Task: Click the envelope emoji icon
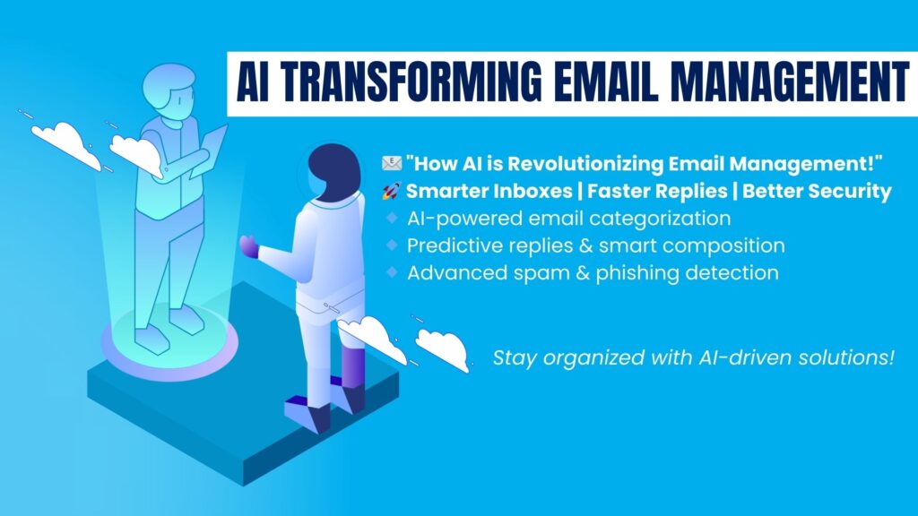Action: pyautogui.click(x=391, y=163)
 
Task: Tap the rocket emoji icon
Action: pyautogui.click(x=391, y=191)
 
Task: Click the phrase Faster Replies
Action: pyautogui.click(x=657, y=191)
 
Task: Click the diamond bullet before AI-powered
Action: pyautogui.click(x=393, y=219)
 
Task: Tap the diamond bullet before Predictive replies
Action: pyautogui.click(x=393, y=245)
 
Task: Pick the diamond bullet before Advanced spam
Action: pyautogui.click(x=393, y=272)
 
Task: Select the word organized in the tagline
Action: pyautogui.click(x=586, y=358)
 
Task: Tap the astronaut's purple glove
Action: pyautogui.click(x=249, y=246)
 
